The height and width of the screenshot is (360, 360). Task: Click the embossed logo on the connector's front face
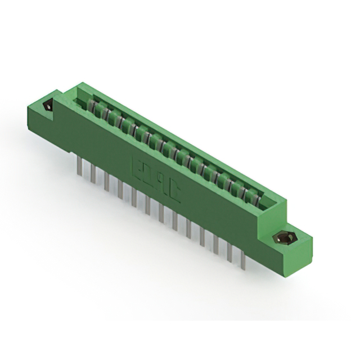click(x=156, y=177)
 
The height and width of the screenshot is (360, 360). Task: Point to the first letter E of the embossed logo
click(x=137, y=166)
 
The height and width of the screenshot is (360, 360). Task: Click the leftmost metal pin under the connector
click(x=78, y=166)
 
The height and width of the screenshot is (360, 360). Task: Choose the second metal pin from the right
click(x=229, y=253)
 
